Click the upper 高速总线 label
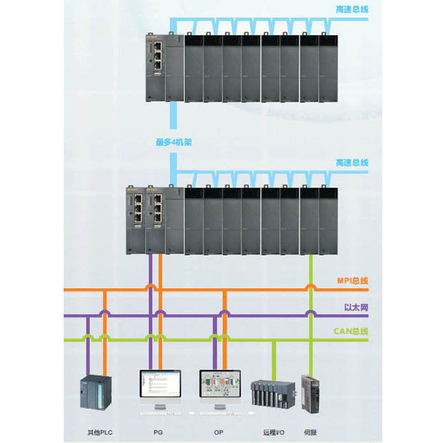coord(352,10)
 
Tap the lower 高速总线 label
coord(352,163)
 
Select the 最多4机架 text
coord(174,143)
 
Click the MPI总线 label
coord(352,280)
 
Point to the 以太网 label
coord(356,308)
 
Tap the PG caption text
coord(158,433)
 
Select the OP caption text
coord(219,433)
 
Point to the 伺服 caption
coord(310,433)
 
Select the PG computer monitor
coord(159,386)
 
